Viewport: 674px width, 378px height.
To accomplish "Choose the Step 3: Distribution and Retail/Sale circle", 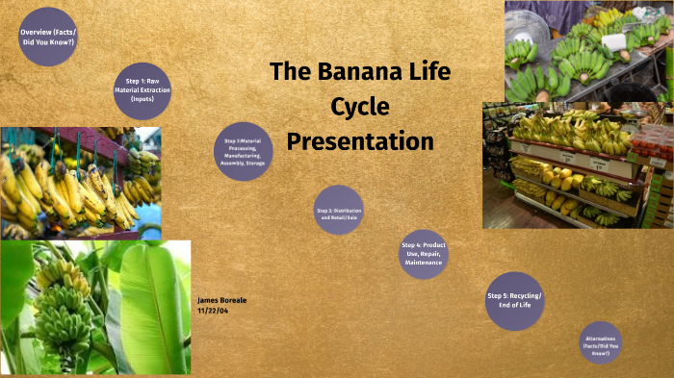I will click(x=339, y=211).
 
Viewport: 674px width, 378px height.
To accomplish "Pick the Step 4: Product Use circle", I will click(x=424, y=254).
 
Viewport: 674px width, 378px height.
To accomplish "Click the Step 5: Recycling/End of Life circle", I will click(x=515, y=300).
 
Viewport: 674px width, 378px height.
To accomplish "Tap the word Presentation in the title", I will click(x=360, y=141).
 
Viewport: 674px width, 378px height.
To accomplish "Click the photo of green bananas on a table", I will click(x=588, y=51).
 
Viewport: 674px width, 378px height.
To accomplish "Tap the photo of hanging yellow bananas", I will click(x=81, y=181).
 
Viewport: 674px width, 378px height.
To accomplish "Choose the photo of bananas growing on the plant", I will click(x=95, y=307).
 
